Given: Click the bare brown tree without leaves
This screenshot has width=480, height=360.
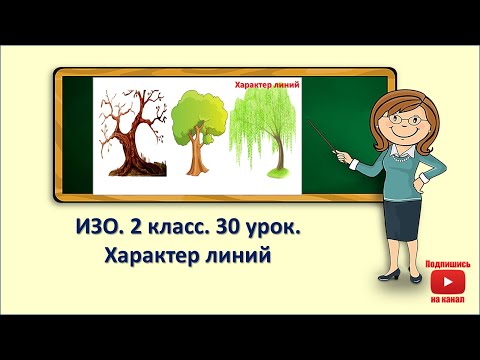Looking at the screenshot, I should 130,140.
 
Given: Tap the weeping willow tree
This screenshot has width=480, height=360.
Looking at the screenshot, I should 265,135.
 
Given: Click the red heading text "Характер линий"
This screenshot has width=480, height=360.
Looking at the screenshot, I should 267,87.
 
